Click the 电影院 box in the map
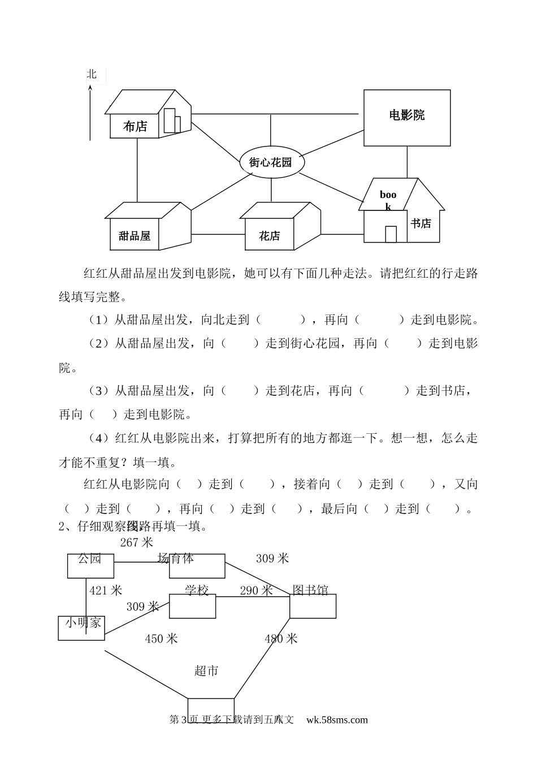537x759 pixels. [x=406, y=117]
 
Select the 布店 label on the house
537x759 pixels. [x=136, y=127]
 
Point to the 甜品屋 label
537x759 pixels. [x=135, y=236]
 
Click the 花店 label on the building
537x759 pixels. [x=269, y=236]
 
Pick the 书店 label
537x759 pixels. [x=421, y=224]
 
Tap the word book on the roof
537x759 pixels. [x=388, y=200]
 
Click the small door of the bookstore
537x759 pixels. [x=391, y=234]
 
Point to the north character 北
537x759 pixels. [x=92, y=74]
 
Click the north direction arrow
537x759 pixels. [x=89, y=113]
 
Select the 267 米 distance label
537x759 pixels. [x=137, y=542]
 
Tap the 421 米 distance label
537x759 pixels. [x=106, y=590]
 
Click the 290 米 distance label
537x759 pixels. [x=256, y=590]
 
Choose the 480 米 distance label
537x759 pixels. [x=281, y=639]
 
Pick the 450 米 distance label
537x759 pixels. [x=161, y=639]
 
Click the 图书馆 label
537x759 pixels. [x=310, y=590]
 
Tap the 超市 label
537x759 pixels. [x=206, y=671]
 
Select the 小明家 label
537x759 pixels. [x=83, y=623]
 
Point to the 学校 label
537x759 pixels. [x=197, y=590]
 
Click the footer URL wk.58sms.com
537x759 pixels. [x=337, y=720]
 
